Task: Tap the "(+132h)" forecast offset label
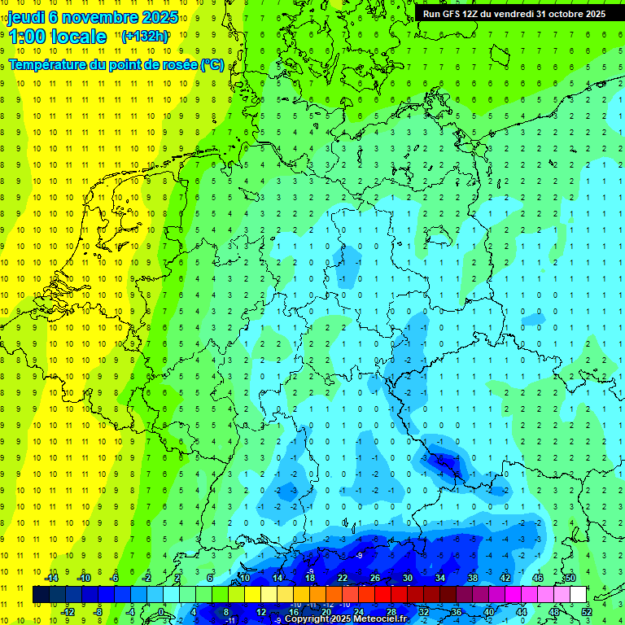(145, 37)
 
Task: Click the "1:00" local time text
(27, 37)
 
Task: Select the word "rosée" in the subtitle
(173, 65)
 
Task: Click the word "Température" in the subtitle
(49, 65)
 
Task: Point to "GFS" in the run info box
(450, 14)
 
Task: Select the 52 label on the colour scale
(586, 612)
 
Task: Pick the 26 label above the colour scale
(374, 578)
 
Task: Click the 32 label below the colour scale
(423, 612)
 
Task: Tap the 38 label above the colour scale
(472, 578)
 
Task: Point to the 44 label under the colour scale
(521, 612)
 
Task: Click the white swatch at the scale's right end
(578, 594)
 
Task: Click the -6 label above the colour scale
(115, 578)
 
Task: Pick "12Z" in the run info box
(472, 14)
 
